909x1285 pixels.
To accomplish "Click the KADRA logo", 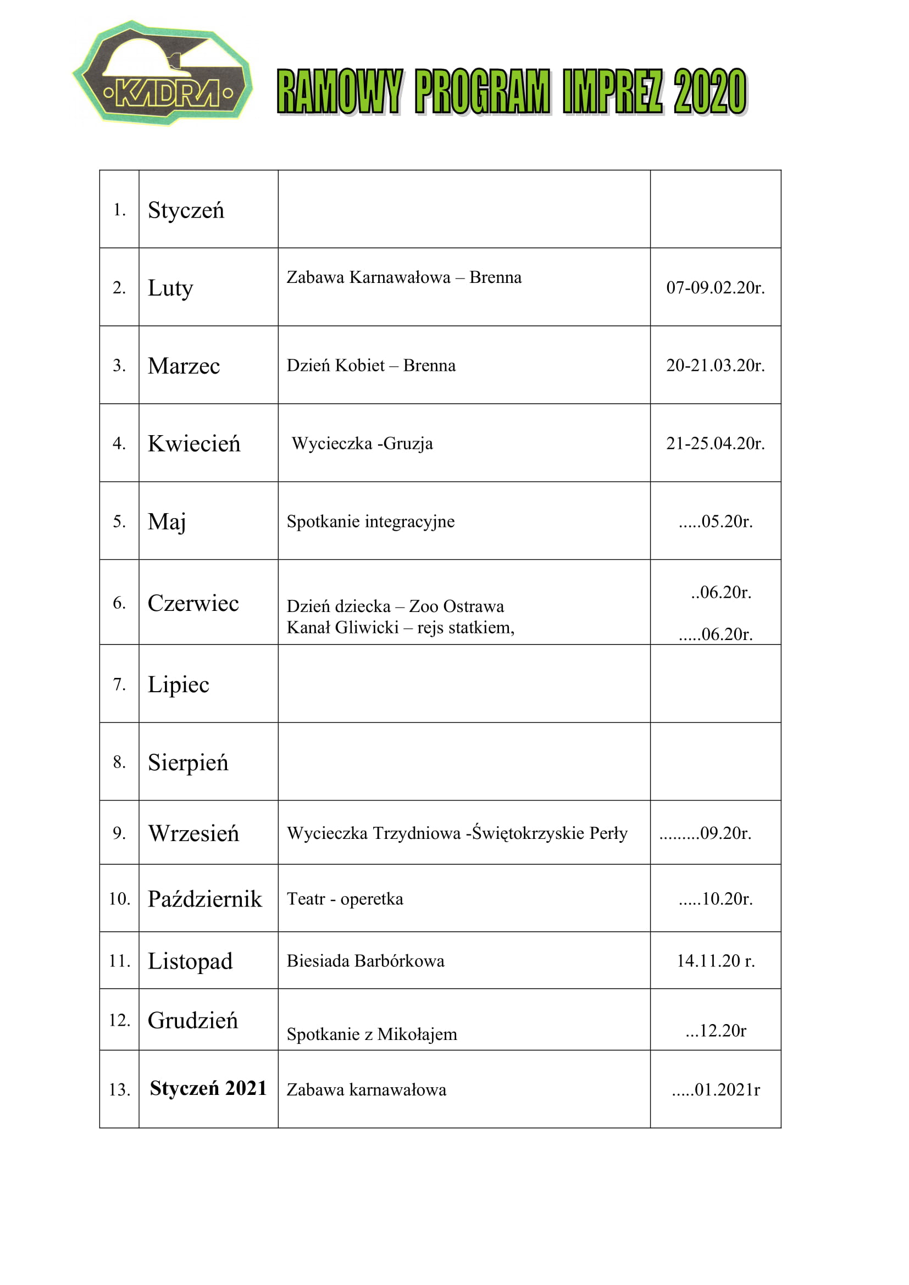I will point(162,73).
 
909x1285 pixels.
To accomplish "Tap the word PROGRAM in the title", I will point(482,92).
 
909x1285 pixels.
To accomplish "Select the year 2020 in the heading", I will point(710,92).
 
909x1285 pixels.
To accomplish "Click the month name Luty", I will point(170,288).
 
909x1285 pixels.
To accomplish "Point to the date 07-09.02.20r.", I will point(715,288).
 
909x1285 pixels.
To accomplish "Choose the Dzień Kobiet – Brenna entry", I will point(370,365).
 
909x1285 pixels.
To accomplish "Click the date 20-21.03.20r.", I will point(715,365).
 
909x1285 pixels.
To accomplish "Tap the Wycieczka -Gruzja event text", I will point(362,443).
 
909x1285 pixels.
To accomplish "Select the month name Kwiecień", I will point(193,444).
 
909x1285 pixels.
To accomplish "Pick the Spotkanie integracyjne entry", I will point(370,521).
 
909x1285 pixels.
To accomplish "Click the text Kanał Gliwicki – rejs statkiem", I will point(400,627).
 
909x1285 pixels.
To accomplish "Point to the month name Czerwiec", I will point(193,603).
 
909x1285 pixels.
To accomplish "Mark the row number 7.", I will point(119,684).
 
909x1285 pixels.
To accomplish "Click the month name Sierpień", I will point(188,763).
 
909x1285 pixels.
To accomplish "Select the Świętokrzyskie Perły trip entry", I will point(457,833).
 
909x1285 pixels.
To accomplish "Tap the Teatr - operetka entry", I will point(345,898).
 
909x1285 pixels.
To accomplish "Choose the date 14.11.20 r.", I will point(716,960).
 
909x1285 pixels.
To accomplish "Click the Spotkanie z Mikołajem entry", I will point(372,1034).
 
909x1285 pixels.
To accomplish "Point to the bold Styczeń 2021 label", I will point(208,1088).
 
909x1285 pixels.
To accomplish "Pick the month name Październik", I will point(205,899).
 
